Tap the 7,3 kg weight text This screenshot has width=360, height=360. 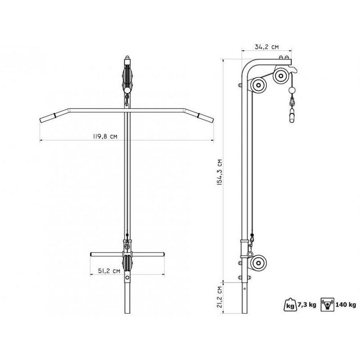pyautogui.click(x=306, y=305)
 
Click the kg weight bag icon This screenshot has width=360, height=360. pyautogui.click(x=290, y=304)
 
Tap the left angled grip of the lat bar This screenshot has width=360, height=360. pyautogui.click(x=47, y=118)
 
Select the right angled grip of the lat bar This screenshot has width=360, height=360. pyautogui.click(x=207, y=118)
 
